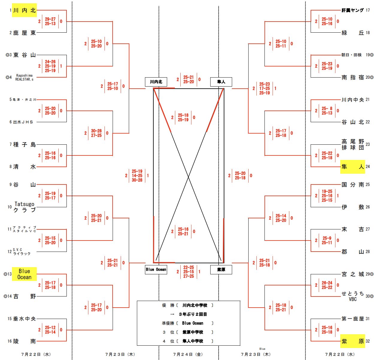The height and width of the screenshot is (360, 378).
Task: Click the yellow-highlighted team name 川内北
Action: (x=25, y=10)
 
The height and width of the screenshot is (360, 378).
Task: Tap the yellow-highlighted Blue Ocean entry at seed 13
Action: (x=25, y=274)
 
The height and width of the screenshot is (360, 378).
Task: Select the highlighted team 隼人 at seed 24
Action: (x=353, y=167)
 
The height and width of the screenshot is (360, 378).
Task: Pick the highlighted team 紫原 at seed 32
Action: (x=353, y=341)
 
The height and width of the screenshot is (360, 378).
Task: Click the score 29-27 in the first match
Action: (x=50, y=19)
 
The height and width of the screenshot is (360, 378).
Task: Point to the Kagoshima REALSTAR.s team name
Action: (x=24, y=77)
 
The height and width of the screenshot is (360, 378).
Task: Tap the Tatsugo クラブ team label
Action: (x=25, y=207)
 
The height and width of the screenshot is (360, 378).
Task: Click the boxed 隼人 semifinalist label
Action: (x=221, y=82)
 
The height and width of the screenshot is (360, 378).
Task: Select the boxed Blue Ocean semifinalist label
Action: (x=156, y=270)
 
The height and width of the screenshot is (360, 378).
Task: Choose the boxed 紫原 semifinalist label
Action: (x=221, y=270)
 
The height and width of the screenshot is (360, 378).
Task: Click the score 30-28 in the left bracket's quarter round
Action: (x=96, y=131)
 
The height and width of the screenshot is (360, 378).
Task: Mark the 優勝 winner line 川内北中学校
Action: (x=195, y=305)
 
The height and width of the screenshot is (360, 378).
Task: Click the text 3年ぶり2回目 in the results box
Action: (x=193, y=314)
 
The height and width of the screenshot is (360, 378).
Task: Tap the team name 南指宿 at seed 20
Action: (x=353, y=77)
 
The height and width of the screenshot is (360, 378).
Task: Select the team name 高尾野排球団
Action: (x=353, y=144)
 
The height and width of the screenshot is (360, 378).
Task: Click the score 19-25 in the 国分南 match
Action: (x=327, y=191)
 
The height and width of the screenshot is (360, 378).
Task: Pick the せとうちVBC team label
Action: (x=353, y=296)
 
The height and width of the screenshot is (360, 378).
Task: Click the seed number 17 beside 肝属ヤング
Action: (x=368, y=10)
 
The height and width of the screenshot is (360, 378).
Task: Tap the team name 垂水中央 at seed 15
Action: (x=25, y=319)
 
